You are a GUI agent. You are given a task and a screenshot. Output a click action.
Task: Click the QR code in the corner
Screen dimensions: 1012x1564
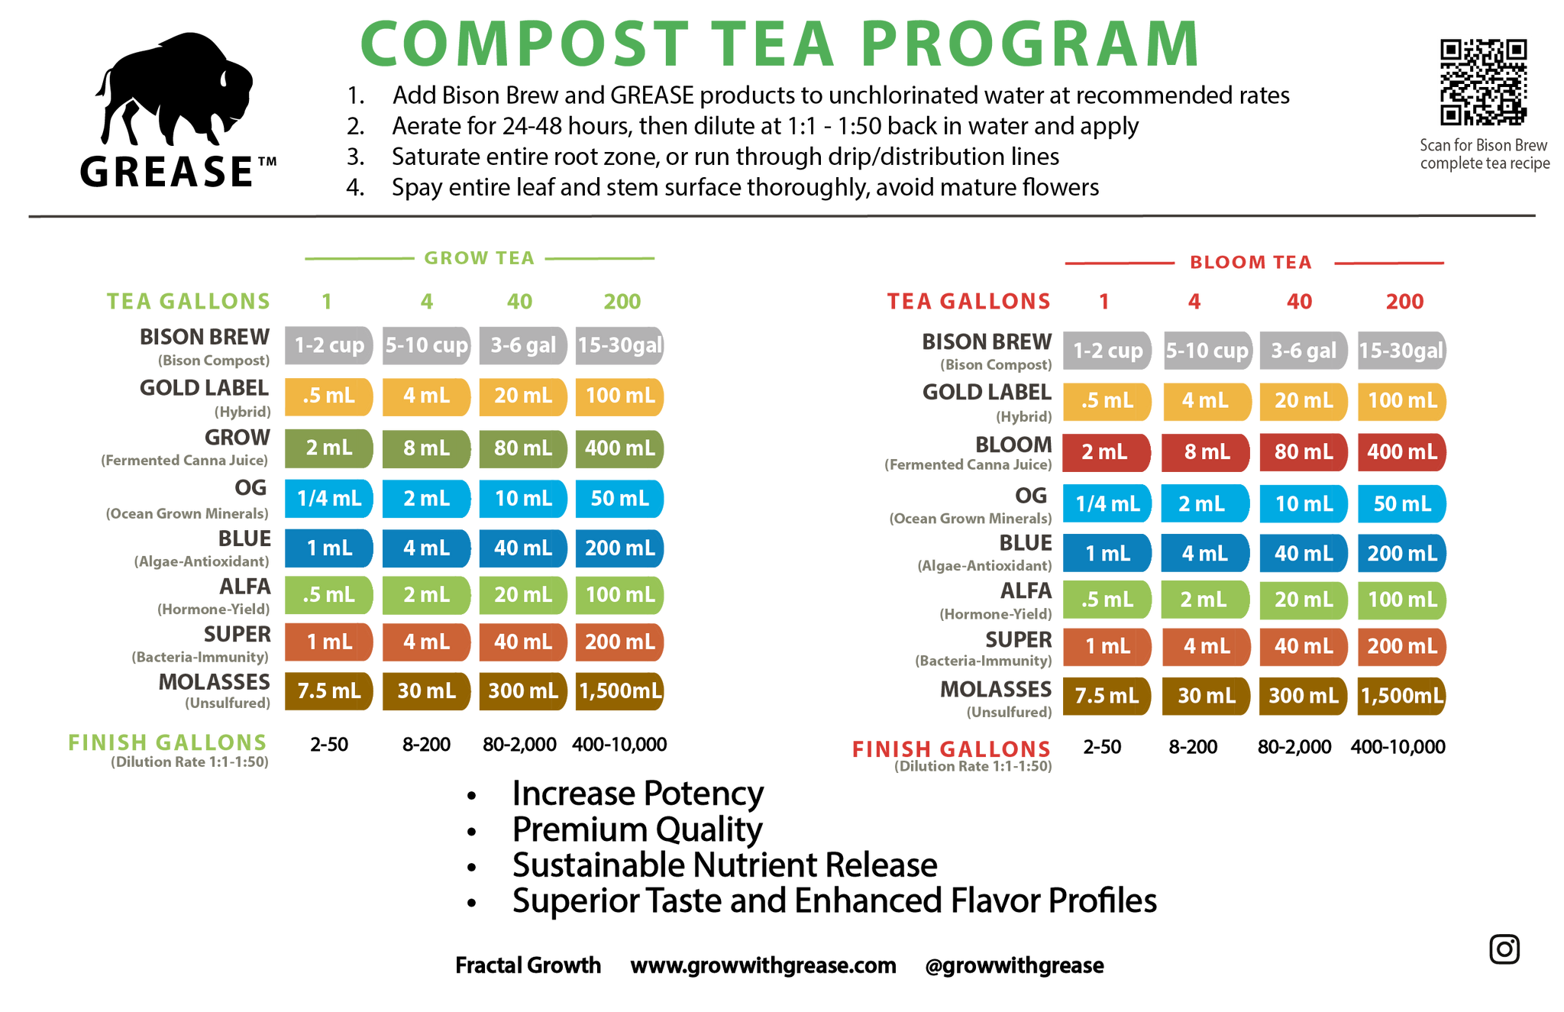(x=1483, y=82)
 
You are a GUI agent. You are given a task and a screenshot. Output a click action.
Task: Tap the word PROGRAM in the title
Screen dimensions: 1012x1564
(x=1030, y=44)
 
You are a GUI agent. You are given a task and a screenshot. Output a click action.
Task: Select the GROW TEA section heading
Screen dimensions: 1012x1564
(x=480, y=258)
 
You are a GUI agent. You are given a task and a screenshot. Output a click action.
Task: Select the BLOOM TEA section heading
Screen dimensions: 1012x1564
(x=1251, y=263)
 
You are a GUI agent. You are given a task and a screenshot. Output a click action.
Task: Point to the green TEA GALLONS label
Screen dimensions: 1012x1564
(x=188, y=302)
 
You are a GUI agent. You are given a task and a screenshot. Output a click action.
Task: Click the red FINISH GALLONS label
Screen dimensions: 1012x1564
(x=951, y=749)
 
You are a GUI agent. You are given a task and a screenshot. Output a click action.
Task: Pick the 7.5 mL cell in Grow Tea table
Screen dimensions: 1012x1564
(x=329, y=691)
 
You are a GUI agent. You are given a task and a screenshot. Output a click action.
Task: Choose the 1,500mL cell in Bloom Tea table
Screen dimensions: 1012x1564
(x=1402, y=696)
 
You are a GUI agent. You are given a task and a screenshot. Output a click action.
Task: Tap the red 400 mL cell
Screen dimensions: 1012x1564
(x=1402, y=452)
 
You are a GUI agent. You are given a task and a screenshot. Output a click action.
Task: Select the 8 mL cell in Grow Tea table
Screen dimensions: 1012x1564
(x=426, y=448)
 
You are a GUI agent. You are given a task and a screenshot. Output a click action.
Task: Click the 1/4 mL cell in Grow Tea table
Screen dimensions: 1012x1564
(x=329, y=499)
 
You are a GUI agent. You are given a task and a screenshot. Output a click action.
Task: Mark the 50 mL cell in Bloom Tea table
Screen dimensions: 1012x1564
(x=1402, y=504)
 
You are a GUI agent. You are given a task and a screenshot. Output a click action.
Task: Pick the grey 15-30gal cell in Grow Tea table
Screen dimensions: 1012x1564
(x=619, y=345)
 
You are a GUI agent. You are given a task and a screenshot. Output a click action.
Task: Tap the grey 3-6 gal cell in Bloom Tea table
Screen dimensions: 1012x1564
(x=1304, y=351)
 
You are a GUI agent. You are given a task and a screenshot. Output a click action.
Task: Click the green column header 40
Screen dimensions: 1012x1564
(x=519, y=302)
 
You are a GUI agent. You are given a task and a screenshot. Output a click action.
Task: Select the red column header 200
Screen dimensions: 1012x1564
(x=1404, y=302)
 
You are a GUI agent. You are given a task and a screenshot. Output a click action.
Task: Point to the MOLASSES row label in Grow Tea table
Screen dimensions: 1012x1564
(x=215, y=681)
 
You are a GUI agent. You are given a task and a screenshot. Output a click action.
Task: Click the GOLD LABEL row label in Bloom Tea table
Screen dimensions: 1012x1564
(x=987, y=393)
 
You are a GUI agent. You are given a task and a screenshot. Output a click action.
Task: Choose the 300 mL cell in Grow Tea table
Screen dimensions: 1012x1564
(x=523, y=691)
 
